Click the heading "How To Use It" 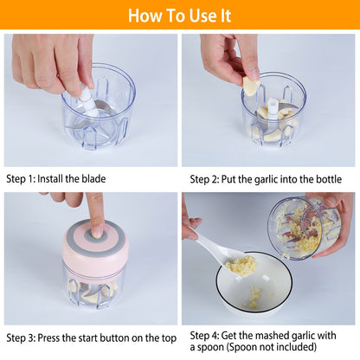click(179, 16)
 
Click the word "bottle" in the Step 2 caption click(325, 179)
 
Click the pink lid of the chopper click(95, 247)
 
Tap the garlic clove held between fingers click(250, 86)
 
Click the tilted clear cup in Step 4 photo click(299, 229)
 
